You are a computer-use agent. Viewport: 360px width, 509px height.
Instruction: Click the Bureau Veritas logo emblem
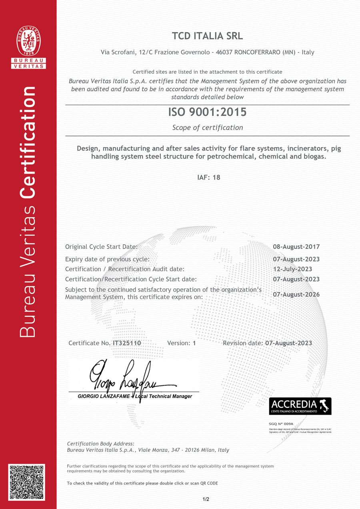coord(28,41)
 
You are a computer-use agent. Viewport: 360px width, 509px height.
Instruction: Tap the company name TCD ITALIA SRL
coord(207,36)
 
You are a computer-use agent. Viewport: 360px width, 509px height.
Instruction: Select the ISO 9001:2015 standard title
coord(207,112)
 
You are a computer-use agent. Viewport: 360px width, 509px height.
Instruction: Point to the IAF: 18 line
coord(208,177)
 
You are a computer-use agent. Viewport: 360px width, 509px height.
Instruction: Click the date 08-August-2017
coord(296,247)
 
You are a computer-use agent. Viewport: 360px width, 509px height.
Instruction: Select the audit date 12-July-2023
coord(292,269)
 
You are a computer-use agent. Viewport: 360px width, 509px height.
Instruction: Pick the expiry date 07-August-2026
coord(296,294)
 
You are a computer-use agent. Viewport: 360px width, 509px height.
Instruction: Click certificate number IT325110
coord(127,343)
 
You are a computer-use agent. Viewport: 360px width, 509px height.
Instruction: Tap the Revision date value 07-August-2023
coord(288,343)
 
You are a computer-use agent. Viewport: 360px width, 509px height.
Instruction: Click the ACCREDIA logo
coord(300,406)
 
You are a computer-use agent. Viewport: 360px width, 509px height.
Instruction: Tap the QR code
coord(27,482)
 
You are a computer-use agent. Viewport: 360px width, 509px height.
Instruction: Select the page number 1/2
coord(206,499)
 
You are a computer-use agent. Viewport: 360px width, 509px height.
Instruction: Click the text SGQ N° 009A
coord(281,423)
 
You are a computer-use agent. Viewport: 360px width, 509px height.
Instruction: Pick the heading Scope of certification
coord(207,128)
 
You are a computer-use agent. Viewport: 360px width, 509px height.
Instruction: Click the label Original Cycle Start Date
coord(101,247)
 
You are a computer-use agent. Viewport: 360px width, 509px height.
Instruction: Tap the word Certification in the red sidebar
coord(28,142)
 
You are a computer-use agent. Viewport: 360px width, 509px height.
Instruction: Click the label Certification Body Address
coord(101,443)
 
